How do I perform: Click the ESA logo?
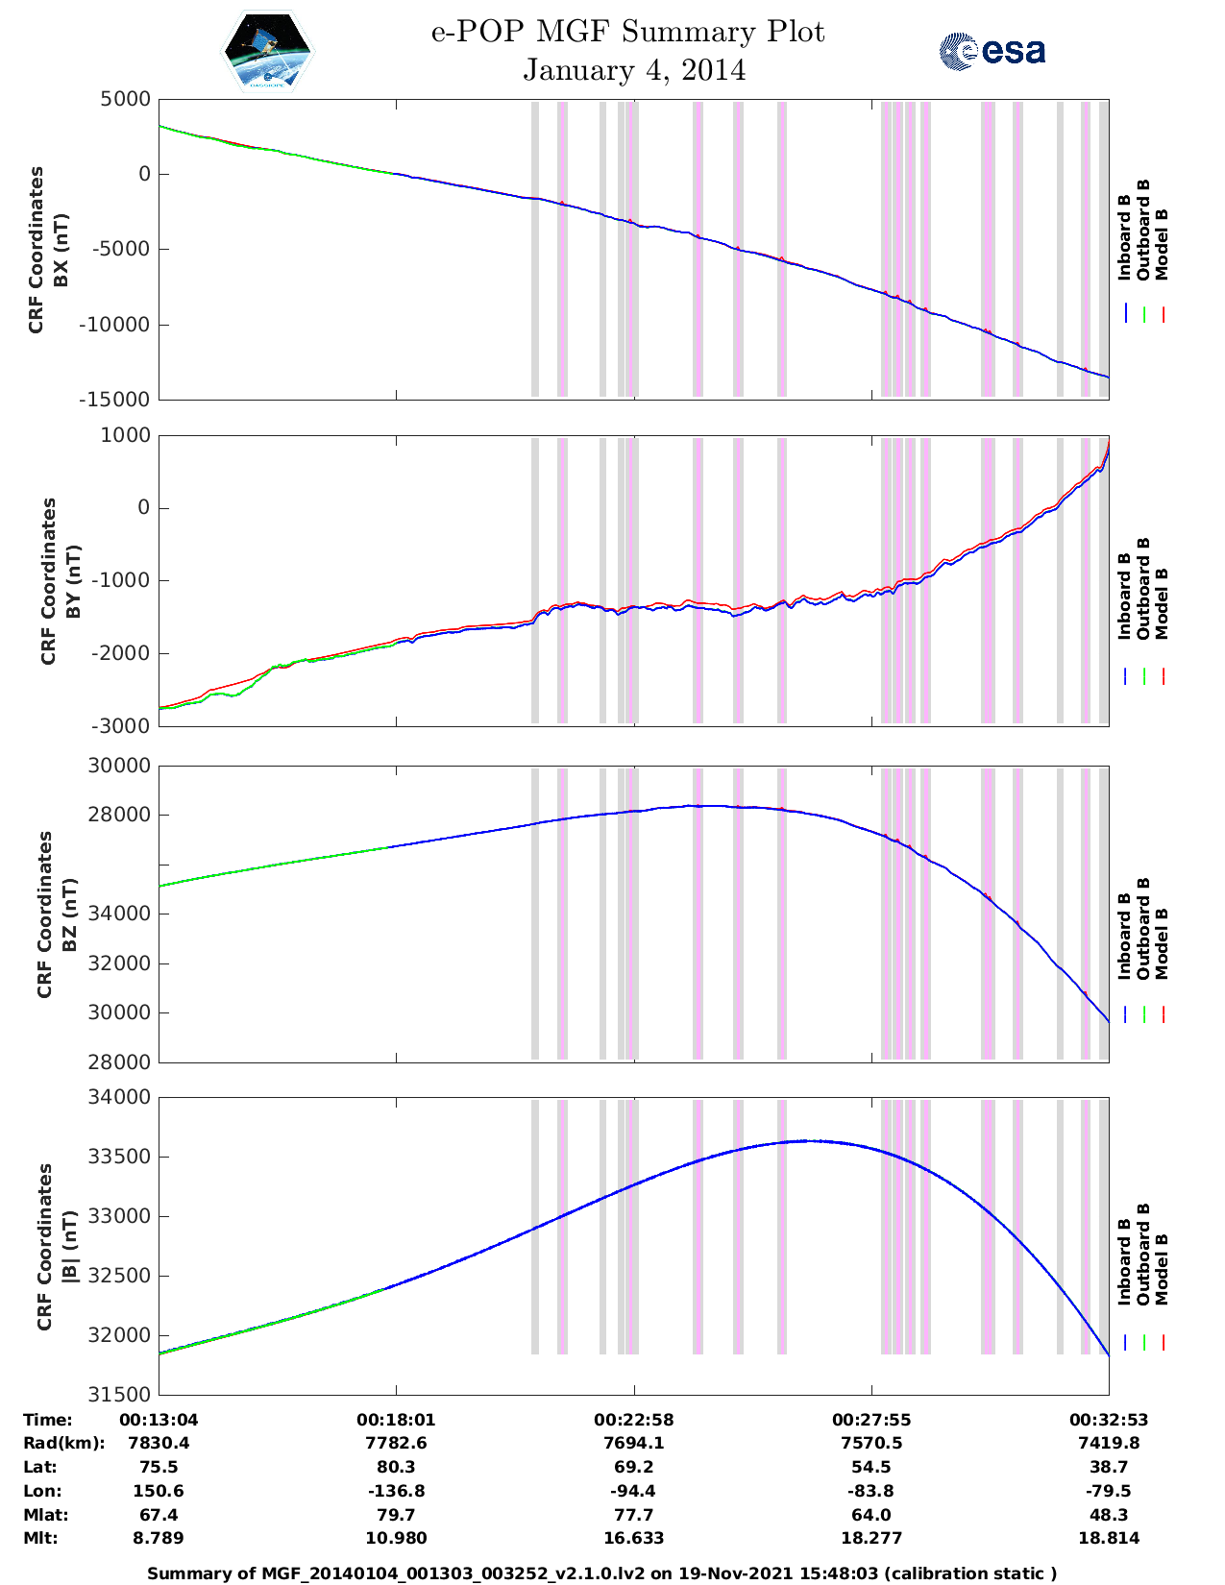(992, 51)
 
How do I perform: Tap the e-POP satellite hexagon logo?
(267, 51)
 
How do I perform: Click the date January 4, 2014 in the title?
(634, 70)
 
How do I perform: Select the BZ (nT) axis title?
(68, 914)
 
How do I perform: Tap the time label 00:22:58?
(633, 1420)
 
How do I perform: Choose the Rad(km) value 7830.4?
(159, 1443)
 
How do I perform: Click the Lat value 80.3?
(396, 1467)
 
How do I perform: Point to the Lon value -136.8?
(396, 1491)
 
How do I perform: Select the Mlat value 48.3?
(1108, 1515)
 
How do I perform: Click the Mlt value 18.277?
(870, 1538)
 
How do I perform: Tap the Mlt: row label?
(40, 1538)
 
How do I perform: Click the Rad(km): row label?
(63, 1443)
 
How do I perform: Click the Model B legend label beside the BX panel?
(1162, 244)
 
